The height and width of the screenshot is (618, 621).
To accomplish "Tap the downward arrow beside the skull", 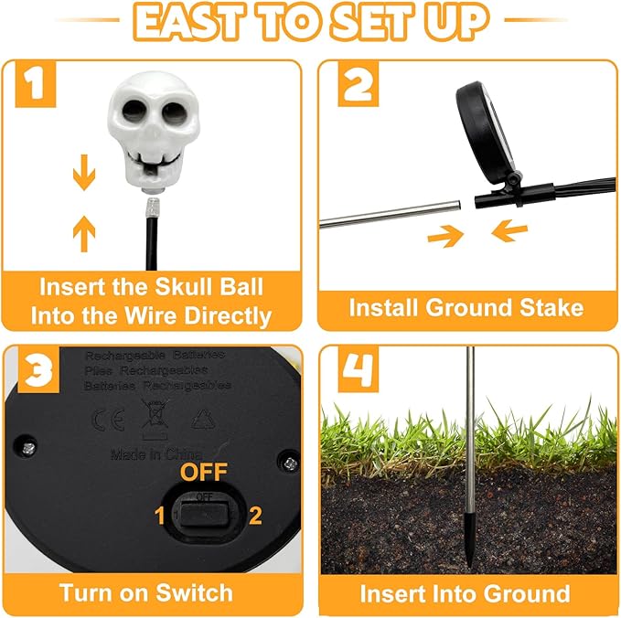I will (84, 176).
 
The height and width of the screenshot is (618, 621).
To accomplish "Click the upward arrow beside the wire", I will (84, 236).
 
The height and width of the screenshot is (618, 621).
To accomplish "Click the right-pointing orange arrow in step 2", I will (445, 236).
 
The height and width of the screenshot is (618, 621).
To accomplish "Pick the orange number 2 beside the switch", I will (256, 516).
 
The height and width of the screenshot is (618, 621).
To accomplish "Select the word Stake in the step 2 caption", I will (544, 307).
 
